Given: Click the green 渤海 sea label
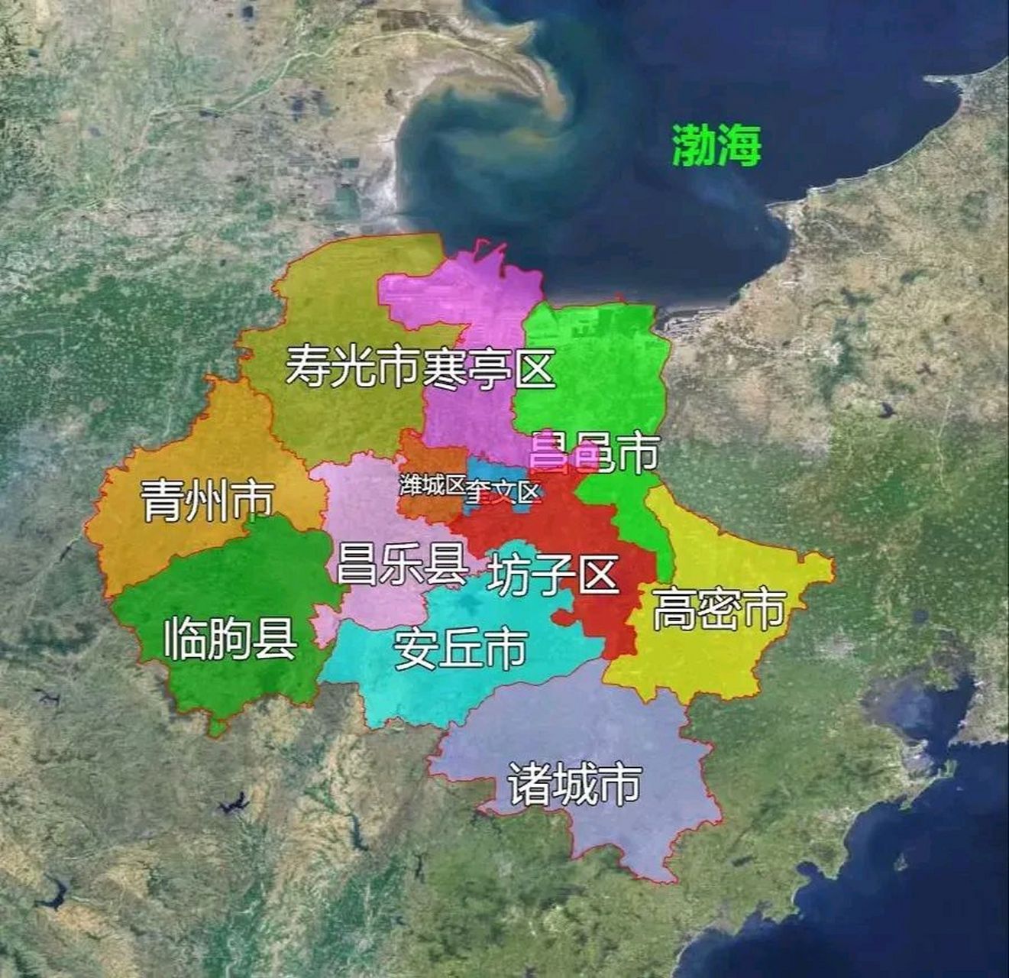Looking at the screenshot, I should pos(716,145).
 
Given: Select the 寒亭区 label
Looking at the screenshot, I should pos(489,368).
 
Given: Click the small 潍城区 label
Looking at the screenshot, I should pos(432,484).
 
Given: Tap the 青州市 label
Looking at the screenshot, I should pos(207,500).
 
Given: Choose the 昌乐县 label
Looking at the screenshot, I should pos(402,564).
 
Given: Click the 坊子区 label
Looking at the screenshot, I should pos(551,575).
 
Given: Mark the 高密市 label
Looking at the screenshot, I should pos(719,609).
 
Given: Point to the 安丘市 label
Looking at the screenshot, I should pos(460,649).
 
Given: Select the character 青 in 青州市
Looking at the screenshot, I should pos(162,500).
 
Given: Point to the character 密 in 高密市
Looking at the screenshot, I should pos(719,609).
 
